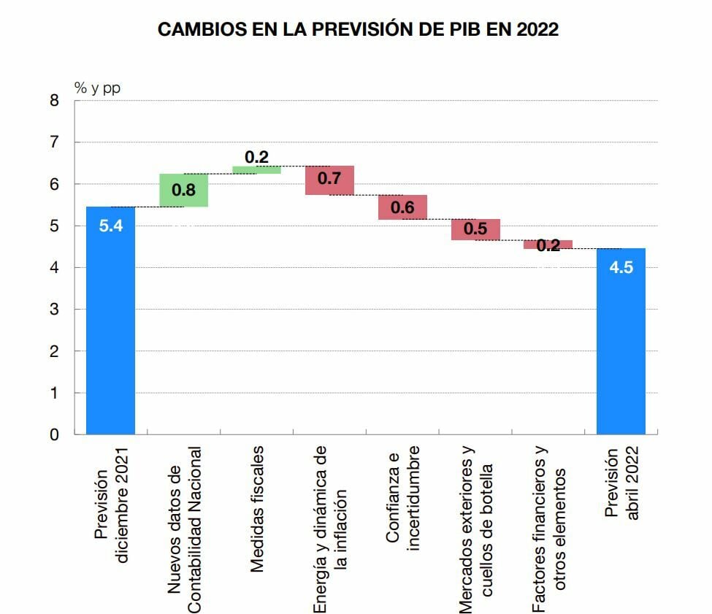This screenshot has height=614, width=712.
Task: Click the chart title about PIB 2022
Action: (359, 30)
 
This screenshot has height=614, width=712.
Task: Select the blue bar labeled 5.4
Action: (110, 321)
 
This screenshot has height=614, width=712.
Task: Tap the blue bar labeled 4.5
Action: (621, 343)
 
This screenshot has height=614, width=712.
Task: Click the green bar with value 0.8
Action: (183, 191)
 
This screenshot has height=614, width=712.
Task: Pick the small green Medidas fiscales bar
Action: (256, 170)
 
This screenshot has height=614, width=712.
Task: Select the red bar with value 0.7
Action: (329, 180)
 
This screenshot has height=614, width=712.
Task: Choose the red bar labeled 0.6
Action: (402, 207)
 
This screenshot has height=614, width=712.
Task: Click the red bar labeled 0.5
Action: (475, 229)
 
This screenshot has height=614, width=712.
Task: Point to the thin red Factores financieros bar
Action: (548, 245)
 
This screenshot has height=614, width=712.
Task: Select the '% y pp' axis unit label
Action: (97, 88)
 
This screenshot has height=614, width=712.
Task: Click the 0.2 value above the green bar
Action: (256, 157)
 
